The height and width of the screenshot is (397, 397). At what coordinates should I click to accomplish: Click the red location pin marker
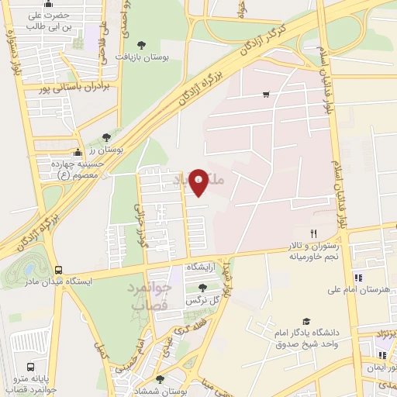pyautogui.click(x=199, y=181)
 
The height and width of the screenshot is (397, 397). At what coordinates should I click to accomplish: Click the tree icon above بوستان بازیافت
pyautogui.click(x=140, y=45)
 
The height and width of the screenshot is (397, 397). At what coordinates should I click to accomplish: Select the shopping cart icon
pyautogui.click(x=266, y=95)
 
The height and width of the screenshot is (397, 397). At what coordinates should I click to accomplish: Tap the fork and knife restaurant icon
pyautogui.click(x=314, y=233)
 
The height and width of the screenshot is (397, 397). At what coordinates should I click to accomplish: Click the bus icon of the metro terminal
pyautogui.click(x=30, y=367)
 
